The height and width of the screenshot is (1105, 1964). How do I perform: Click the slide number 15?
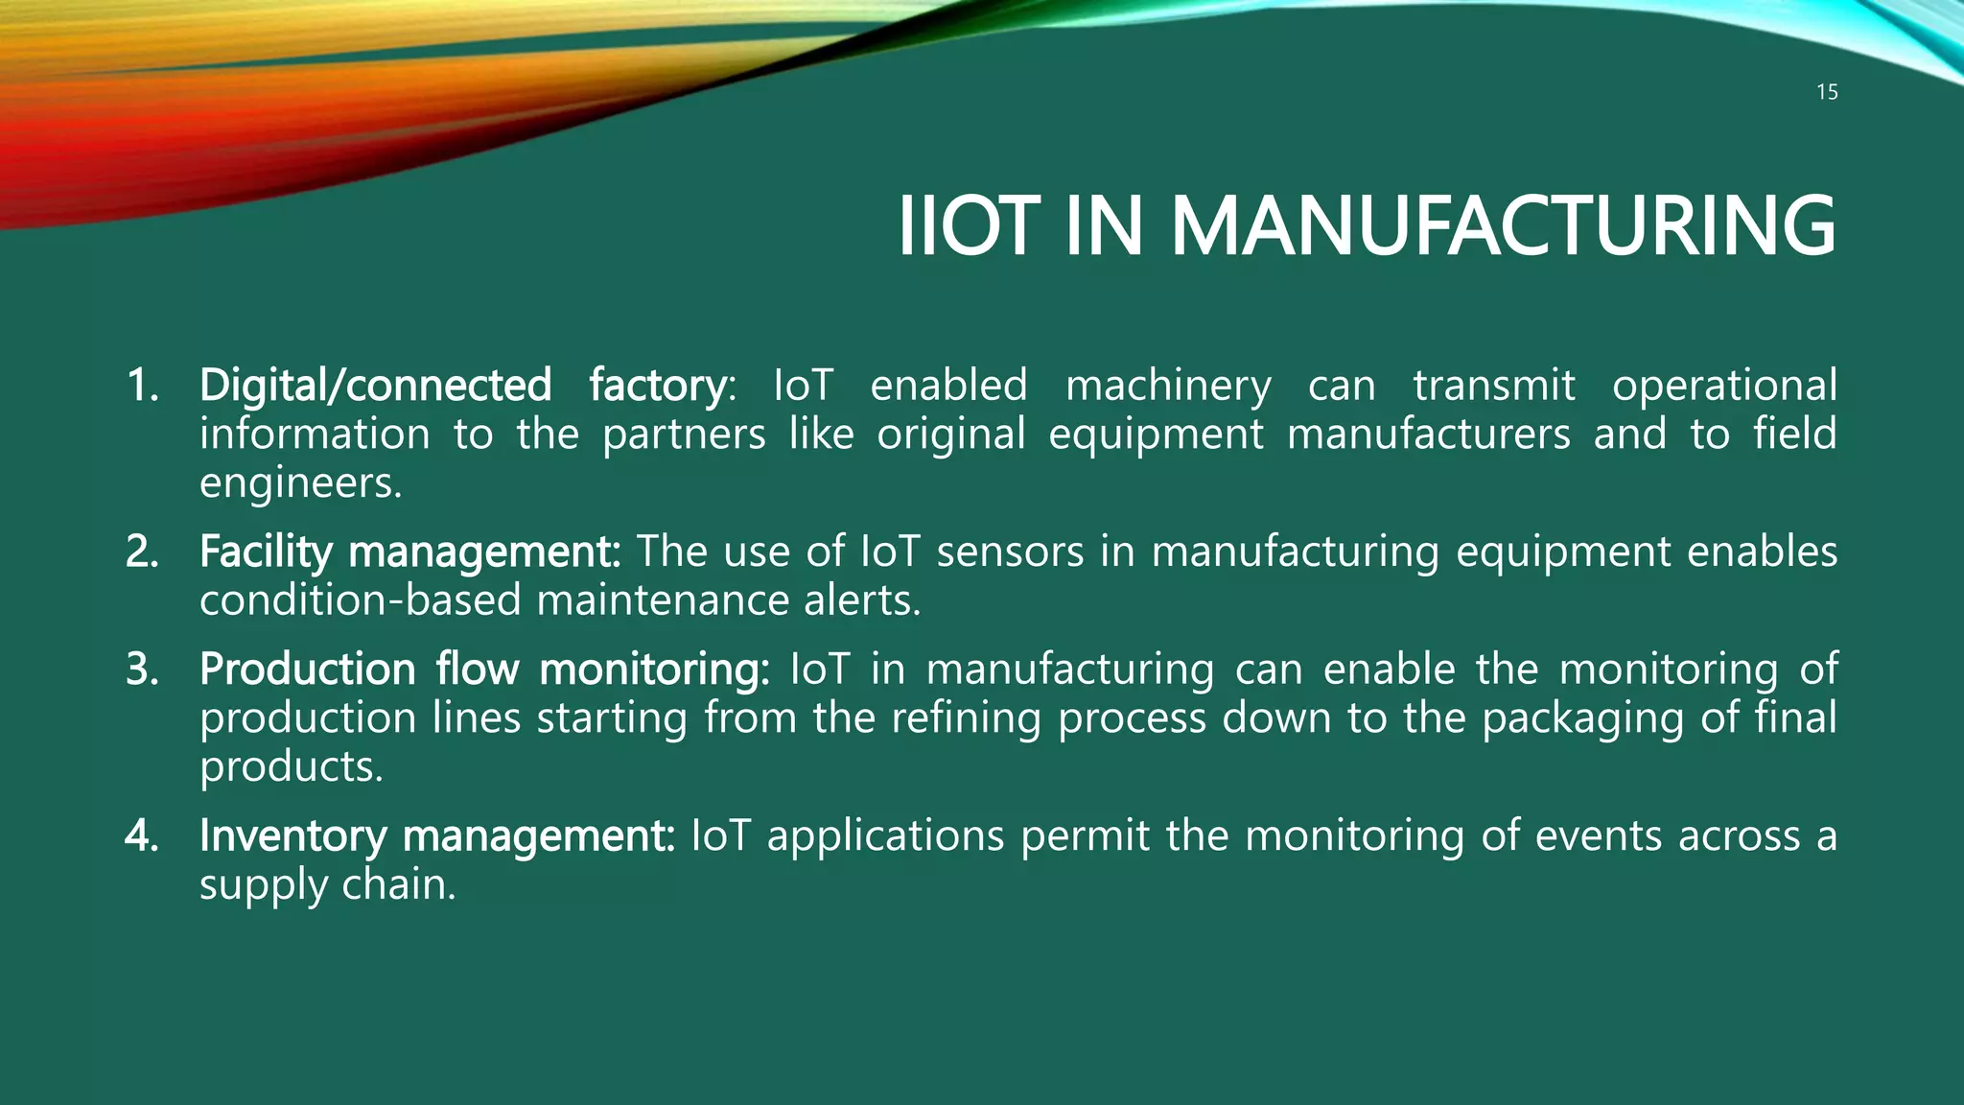tap(1827, 92)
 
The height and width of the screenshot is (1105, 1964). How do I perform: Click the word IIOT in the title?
tap(968, 226)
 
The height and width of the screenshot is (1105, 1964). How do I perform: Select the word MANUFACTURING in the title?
tap(1503, 226)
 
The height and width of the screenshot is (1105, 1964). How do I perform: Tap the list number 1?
tap(142, 386)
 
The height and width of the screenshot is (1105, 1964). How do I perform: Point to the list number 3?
tap(142, 670)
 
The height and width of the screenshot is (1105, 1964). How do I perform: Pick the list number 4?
tap(142, 836)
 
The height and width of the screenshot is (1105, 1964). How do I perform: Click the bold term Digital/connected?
tap(375, 386)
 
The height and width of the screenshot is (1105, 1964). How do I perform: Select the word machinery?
tap(1168, 386)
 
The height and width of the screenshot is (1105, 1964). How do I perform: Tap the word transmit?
tap(1493, 386)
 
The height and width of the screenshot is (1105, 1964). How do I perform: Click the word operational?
tap(1723, 386)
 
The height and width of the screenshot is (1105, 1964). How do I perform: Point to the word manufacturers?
tap(1428, 435)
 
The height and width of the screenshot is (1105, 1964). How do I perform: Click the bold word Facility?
tap(266, 552)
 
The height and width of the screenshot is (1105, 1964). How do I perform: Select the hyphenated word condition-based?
tap(360, 601)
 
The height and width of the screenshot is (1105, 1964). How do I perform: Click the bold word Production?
tap(307, 670)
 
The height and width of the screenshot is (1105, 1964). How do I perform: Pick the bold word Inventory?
tap(292, 836)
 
